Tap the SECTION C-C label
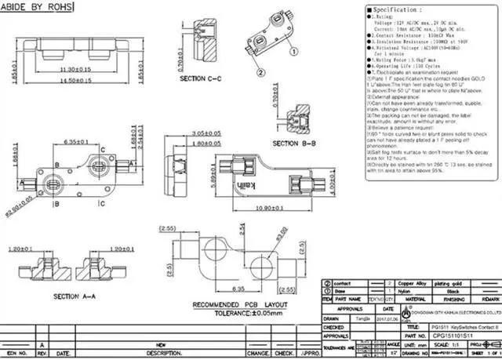pyautogui.click(x=201, y=79)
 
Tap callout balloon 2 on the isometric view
pyautogui.click(x=292, y=53)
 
